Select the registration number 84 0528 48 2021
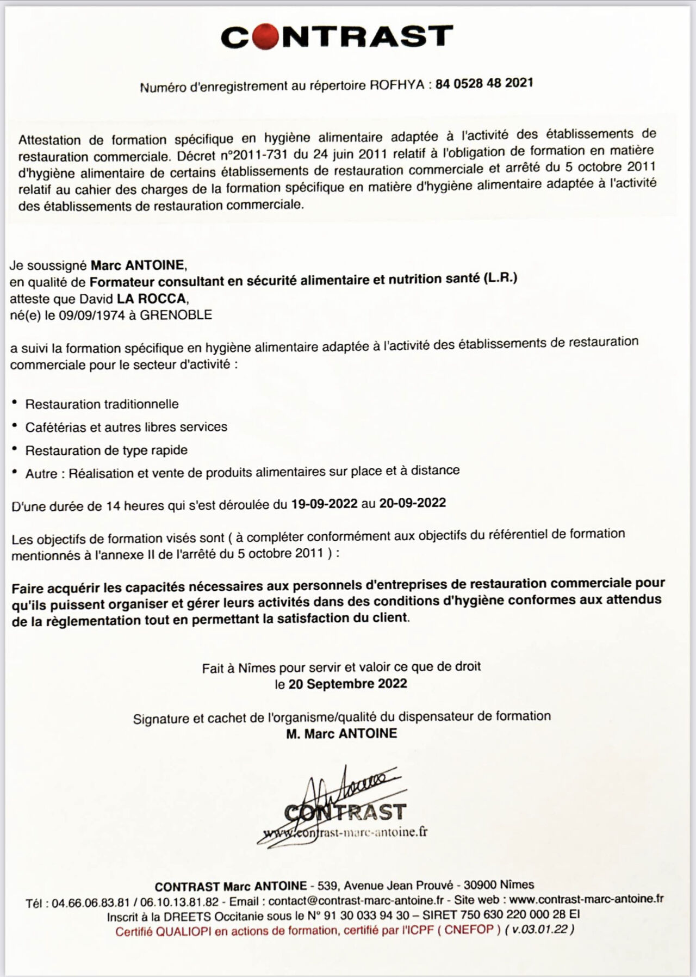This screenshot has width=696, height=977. click(484, 83)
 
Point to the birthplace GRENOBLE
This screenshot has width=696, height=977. click(176, 314)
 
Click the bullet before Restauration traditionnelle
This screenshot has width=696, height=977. click(15, 403)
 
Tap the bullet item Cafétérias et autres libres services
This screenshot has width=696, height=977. click(126, 427)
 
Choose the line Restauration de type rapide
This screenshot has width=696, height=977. click(107, 450)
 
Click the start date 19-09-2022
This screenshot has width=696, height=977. click(325, 504)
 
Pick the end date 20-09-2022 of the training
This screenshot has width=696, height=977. click(413, 503)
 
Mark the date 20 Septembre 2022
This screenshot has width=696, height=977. click(348, 683)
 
